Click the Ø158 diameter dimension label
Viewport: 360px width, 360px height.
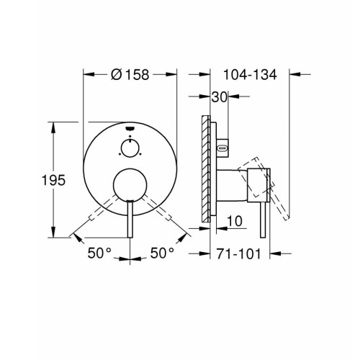click(130, 74)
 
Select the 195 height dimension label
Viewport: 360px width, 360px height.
click(53, 180)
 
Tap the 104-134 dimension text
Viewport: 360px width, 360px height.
click(250, 75)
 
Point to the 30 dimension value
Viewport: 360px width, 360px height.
click(219, 97)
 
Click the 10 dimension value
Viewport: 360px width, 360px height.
click(235, 221)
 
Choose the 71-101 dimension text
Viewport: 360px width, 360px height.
click(238, 254)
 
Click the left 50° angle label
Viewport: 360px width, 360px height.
click(99, 253)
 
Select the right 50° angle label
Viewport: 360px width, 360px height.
click(162, 253)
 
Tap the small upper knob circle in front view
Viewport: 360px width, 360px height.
click(130, 148)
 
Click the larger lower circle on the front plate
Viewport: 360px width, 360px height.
click(130, 184)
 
